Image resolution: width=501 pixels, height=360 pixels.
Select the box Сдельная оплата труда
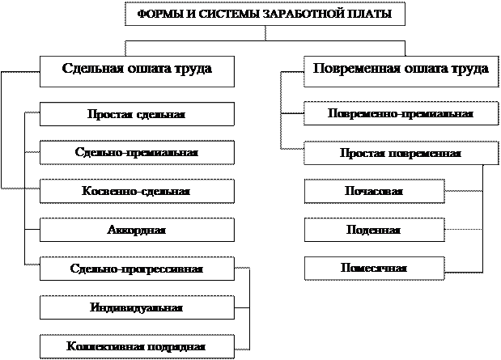(x=137, y=70)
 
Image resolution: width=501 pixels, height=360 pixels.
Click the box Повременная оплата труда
(x=400, y=70)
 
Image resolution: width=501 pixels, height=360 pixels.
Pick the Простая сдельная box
(x=137, y=113)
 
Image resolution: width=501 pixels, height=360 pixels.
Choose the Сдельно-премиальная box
(x=137, y=152)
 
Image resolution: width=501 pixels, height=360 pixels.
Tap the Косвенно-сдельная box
(x=137, y=191)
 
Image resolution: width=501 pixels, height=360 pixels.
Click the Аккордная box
(x=137, y=230)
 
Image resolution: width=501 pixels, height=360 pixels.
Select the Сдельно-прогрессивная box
(x=137, y=269)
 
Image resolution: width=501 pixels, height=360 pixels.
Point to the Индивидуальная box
(x=137, y=307)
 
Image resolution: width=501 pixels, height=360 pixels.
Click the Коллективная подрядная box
(x=137, y=346)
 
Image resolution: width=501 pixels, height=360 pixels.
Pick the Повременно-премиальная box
(x=400, y=113)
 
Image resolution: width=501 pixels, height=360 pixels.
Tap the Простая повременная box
(x=400, y=152)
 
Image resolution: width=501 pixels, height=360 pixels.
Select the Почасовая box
(x=374, y=191)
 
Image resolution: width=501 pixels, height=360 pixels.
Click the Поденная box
(x=374, y=230)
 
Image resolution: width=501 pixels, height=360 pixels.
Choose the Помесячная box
(x=374, y=268)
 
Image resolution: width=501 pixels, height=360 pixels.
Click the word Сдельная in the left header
(x=90, y=70)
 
